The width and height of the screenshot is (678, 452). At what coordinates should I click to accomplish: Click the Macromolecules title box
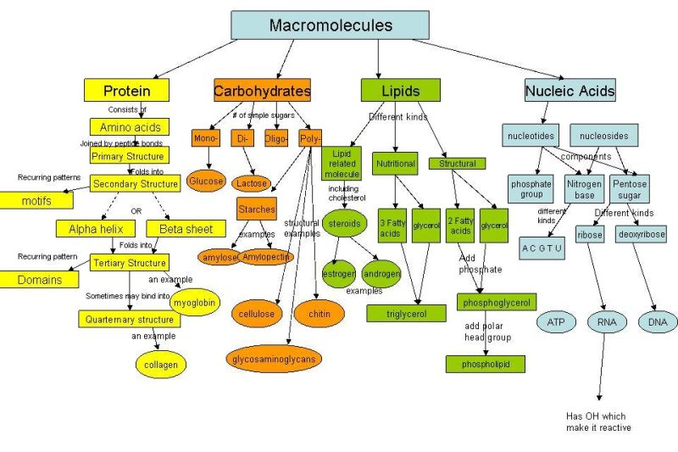pyautogui.click(x=330, y=25)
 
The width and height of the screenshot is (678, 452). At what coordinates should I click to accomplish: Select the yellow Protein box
pyautogui.click(x=126, y=91)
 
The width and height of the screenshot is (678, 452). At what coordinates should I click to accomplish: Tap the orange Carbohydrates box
pyautogui.click(x=262, y=91)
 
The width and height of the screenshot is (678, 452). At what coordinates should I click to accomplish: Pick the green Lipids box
pyautogui.click(x=401, y=91)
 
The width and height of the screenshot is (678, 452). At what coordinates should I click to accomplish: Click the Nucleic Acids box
pyautogui.click(x=570, y=91)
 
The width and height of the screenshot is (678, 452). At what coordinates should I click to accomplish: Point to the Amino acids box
pyautogui.click(x=130, y=127)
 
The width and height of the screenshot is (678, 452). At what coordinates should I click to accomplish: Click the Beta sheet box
pyautogui.click(x=186, y=229)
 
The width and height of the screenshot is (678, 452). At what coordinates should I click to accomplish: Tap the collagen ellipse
pyautogui.click(x=160, y=365)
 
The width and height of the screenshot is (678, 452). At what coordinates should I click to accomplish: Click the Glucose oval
pyautogui.click(x=206, y=181)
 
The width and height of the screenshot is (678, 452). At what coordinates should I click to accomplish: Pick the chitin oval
pyautogui.click(x=319, y=314)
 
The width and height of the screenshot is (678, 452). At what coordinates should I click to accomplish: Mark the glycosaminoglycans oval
pyautogui.click(x=274, y=359)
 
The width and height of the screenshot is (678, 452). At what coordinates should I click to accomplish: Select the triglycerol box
pyautogui.click(x=405, y=313)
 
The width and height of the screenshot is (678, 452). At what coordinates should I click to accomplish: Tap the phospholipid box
pyautogui.click(x=486, y=364)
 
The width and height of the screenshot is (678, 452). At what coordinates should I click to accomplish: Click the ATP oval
pyautogui.click(x=556, y=322)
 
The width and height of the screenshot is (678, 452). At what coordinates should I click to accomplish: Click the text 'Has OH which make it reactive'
pyautogui.click(x=598, y=421)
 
